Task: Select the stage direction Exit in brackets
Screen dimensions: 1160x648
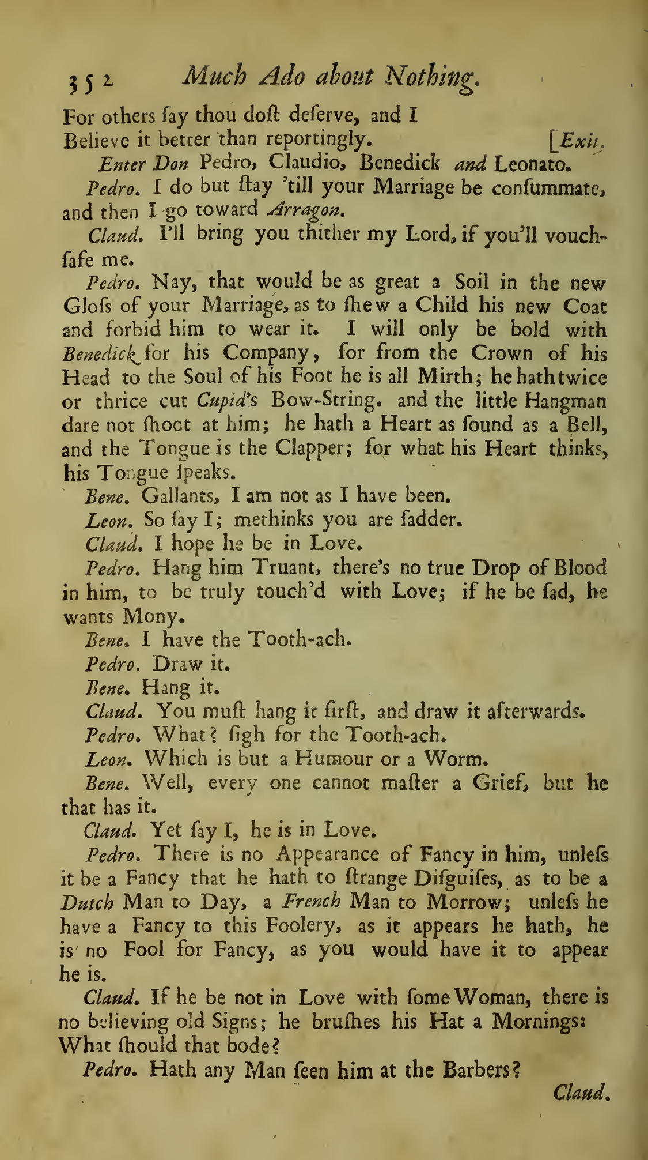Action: click(x=579, y=140)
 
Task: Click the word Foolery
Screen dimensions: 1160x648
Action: click(x=302, y=926)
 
